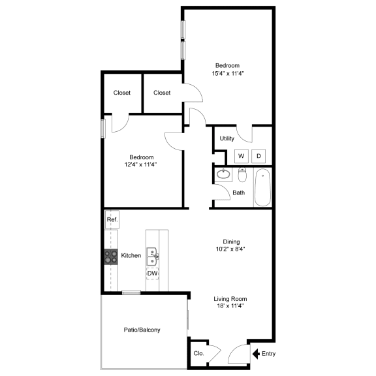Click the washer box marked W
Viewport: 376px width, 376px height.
pyautogui.click(x=242, y=156)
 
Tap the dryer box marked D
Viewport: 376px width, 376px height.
pyautogui.click(x=258, y=156)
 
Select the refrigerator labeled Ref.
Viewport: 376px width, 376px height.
pyautogui.click(x=112, y=219)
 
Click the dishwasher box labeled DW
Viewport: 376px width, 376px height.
pyautogui.click(x=152, y=273)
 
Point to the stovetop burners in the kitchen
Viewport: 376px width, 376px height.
pyautogui.click(x=111, y=257)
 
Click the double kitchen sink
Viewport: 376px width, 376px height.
pyautogui.click(x=152, y=257)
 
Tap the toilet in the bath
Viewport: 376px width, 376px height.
pyautogui.click(x=242, y=175)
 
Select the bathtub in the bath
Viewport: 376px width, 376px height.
pyautogui.click(x=262, y=187)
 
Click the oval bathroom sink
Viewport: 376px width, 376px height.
pyautogui.click(x=223, y=174)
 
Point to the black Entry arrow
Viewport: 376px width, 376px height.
pyautogui.click(x=256, y=354)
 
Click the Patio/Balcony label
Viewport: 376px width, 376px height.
pyautogui.click(x=142, y=330)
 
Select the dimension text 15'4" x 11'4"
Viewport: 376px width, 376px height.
pyautogui.click(x=228, y=73)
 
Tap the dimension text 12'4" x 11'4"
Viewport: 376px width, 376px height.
pyautogui.click(x=140, y=164)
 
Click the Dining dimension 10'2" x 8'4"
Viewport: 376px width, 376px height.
pyautogui.click(x=230, y=249)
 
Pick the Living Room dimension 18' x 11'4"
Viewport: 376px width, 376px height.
pyautogui.click(x=230, y=305)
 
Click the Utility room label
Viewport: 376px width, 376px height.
pyautogui.click(x=227, y=138)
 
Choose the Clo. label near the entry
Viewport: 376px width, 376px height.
pyautogui.click(x=199, y=353)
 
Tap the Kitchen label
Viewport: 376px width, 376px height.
pyautogui.click(x=131, y=256)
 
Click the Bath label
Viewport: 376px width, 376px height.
pyautogui.click(x=239, y=193)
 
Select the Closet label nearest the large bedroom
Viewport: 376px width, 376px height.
pyautogui.click(x=162, y=93)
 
